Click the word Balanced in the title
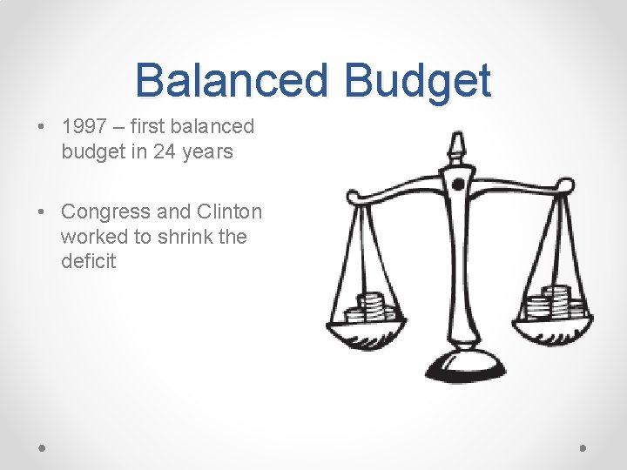232,80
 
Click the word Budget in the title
418,80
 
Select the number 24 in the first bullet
165,151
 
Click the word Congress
105,211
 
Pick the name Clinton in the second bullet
229,211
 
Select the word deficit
88,261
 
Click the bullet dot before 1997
42,127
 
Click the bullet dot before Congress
42,211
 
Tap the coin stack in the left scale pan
374,306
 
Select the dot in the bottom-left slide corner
43,448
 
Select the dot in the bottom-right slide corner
583,448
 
